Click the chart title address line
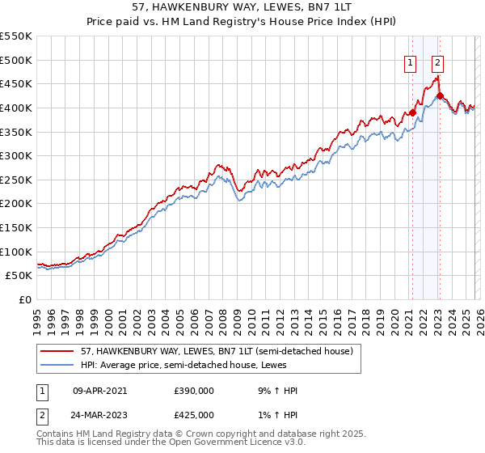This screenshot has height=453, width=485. coord(242,7)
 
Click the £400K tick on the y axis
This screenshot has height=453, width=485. coord(16,108)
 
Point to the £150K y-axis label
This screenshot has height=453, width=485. coord(16,227)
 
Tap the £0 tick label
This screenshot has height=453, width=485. coord(24,299)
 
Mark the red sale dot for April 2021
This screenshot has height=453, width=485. coord(412,112)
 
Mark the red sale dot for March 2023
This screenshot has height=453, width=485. coord(440,95)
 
